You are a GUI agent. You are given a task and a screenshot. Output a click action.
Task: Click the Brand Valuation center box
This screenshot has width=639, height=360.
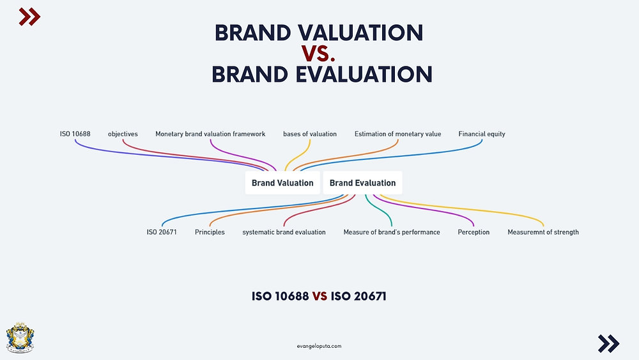pos(282,183)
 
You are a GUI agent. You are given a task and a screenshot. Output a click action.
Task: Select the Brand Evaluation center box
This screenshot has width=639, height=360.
pos(363,183)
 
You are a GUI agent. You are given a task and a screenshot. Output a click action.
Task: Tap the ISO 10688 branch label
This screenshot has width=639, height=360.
pos(75,134)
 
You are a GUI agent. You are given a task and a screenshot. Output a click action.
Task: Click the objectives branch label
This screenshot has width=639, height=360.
pos(123,134)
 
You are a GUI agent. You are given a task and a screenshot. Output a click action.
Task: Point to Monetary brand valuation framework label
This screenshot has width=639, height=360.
pos(210,134)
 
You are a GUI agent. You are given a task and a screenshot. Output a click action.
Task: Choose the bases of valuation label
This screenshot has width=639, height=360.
pos(310,134)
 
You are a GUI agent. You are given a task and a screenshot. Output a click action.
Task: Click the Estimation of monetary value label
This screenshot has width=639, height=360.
pos(397,134)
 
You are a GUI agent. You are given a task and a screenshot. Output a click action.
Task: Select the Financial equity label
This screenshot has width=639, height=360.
pos(482,134)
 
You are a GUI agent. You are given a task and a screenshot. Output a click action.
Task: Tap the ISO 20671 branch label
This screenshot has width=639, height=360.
pos(162,232)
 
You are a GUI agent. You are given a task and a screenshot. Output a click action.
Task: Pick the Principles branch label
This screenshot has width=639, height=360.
pos(210,232)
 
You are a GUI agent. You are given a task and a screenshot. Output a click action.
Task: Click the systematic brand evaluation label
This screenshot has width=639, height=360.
pos(284,232)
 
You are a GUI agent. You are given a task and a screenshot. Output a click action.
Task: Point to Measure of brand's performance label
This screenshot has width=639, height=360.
pos(392,232)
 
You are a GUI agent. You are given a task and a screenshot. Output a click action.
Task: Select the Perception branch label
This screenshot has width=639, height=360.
pos(473,232)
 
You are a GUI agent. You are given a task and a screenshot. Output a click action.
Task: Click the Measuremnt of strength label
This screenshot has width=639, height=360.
pos(543,232)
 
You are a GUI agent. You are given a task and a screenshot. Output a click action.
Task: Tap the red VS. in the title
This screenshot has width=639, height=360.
pos(318,54)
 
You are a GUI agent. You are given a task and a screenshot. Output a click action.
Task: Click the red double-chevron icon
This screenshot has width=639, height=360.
pos(29,17)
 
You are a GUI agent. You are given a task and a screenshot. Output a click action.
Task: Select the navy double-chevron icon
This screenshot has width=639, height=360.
pos(609,343)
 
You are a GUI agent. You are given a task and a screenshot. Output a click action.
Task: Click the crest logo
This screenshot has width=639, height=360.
pos(20,337)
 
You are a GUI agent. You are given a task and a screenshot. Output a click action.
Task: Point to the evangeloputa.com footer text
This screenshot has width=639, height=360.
pos(319,346)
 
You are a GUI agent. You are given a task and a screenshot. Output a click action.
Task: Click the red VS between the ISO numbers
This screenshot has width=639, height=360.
pos(320,296)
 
